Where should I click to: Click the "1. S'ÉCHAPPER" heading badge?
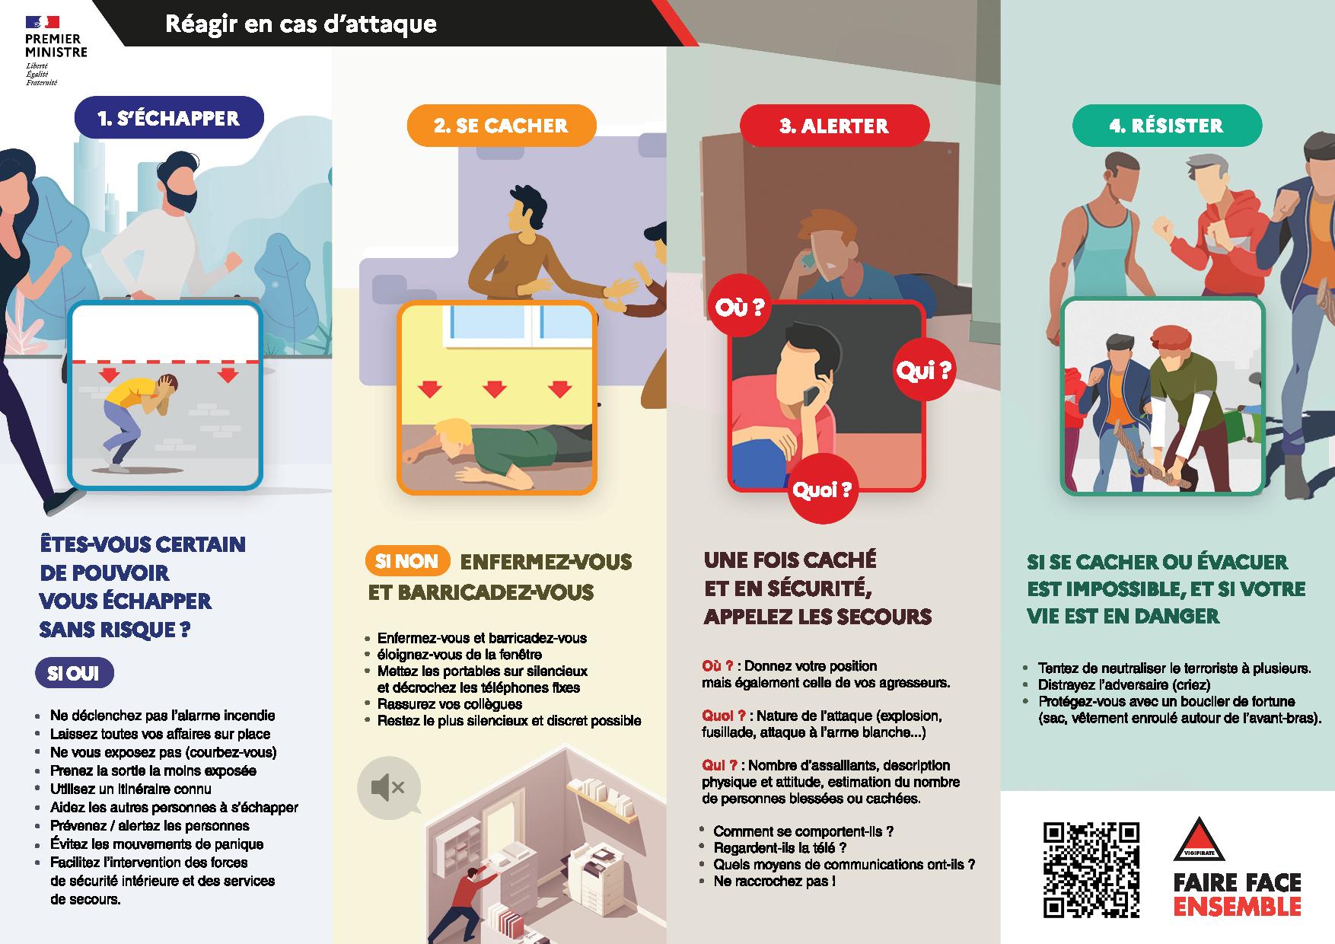coord(168,118)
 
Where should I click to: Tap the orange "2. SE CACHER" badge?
coord(501,126)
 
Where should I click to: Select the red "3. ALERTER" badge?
coord(834,126)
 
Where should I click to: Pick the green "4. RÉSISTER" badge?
coord(1167,126)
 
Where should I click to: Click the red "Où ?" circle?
coord(738,308)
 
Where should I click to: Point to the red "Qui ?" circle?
coord(923,371)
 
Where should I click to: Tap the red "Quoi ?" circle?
coord(821,491)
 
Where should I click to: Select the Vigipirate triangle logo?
coord(1199,840)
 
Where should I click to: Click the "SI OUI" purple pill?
coord(75,674)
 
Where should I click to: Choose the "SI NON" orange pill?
coord(407,561)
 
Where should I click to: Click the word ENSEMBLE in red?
coord(1237,907)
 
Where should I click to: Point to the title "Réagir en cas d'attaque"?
coord(301,24)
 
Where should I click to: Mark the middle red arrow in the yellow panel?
coord(495,390)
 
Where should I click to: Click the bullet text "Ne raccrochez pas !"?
coord(774,882)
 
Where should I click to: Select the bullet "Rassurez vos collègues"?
coord(449,704)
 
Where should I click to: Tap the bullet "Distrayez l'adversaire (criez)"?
coord(1124,685)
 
